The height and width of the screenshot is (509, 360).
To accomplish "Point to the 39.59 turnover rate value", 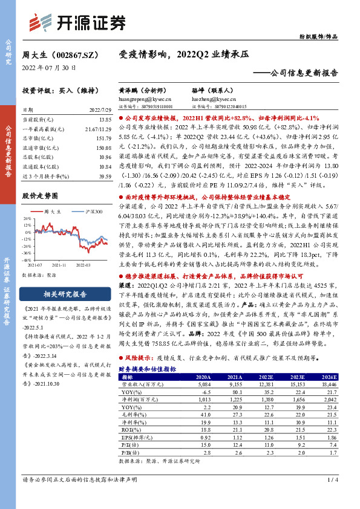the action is pyautogui.click(x=105, y=175).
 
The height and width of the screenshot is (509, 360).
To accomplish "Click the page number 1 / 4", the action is pyautogui.click(x=332, y=497).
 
